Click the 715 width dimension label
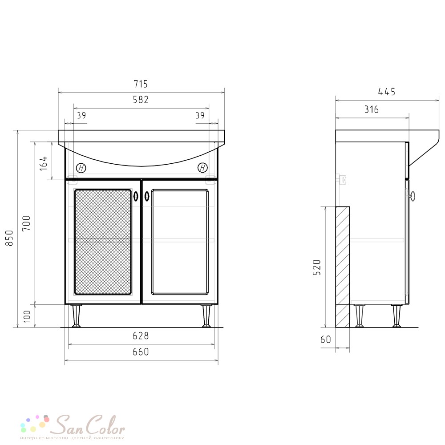[141, 84]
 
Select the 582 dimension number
[141, 100]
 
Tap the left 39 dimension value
[81, 116]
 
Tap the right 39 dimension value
[200, 116]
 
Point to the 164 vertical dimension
[44, 163]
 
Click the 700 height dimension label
[27, 223]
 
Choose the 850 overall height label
[9, 238]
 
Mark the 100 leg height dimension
[27, 316]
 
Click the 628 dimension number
[141, 336]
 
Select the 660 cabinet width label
[141, 352]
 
